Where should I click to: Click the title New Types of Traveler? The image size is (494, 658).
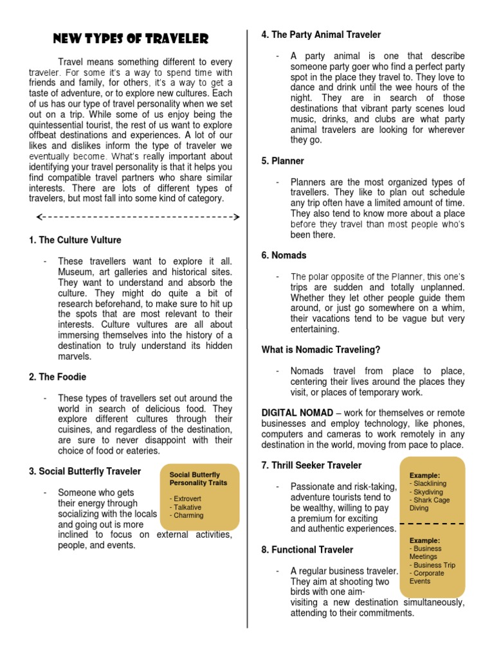pyautogui.click(x=130, y=39)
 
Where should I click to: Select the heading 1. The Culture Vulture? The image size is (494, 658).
pyautogui.click(x=75, y=240)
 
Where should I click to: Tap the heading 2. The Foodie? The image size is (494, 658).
pyautogui.click(x=57, y=377)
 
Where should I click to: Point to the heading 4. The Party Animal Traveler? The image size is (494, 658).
pyautogui.click(x=321, y=35)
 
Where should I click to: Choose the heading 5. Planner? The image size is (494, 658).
pyautogui.click(x=282, y=161)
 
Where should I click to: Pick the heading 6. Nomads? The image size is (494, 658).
pyautogui.click(x=284, y=255)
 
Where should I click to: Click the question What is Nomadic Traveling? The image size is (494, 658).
pyautogui.click(x=321, y=350)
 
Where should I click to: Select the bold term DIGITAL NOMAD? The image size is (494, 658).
pyautogui.click(x=297, y=413)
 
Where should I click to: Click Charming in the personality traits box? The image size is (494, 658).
pyautogui.click(x=187, y=515)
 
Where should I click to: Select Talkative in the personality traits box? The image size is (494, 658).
pyautogui.click(x=187, y=507)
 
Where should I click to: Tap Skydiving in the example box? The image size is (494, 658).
pyautogui.click(x=429, y=492)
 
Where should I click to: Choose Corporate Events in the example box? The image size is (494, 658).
pyautogui.click(x=426, y=577)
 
